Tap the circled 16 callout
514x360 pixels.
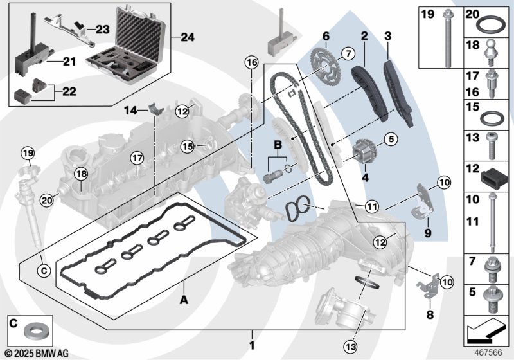tap(251, 62)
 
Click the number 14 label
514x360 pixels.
tap(131, 111)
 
